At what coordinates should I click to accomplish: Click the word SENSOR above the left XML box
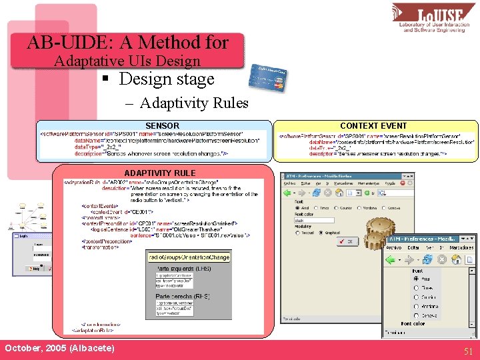[x=162, y=125]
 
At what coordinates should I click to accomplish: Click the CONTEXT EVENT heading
[x=373, y=125]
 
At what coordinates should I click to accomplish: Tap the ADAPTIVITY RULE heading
[x=160, y=173]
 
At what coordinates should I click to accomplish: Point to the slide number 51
[x=468, y=351]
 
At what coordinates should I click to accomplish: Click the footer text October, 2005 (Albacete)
[x=59, y=349]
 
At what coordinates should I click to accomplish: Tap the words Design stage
[x=166, y=79]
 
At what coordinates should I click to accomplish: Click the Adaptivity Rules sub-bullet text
[x=194, y=103]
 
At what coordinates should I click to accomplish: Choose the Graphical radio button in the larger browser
[x=321, y=233]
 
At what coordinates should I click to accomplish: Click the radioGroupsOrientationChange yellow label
[x=189, y=257]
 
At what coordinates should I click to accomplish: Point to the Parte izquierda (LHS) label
[x=183, y=267]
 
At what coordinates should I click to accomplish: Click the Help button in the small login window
[x=36, y=269]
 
